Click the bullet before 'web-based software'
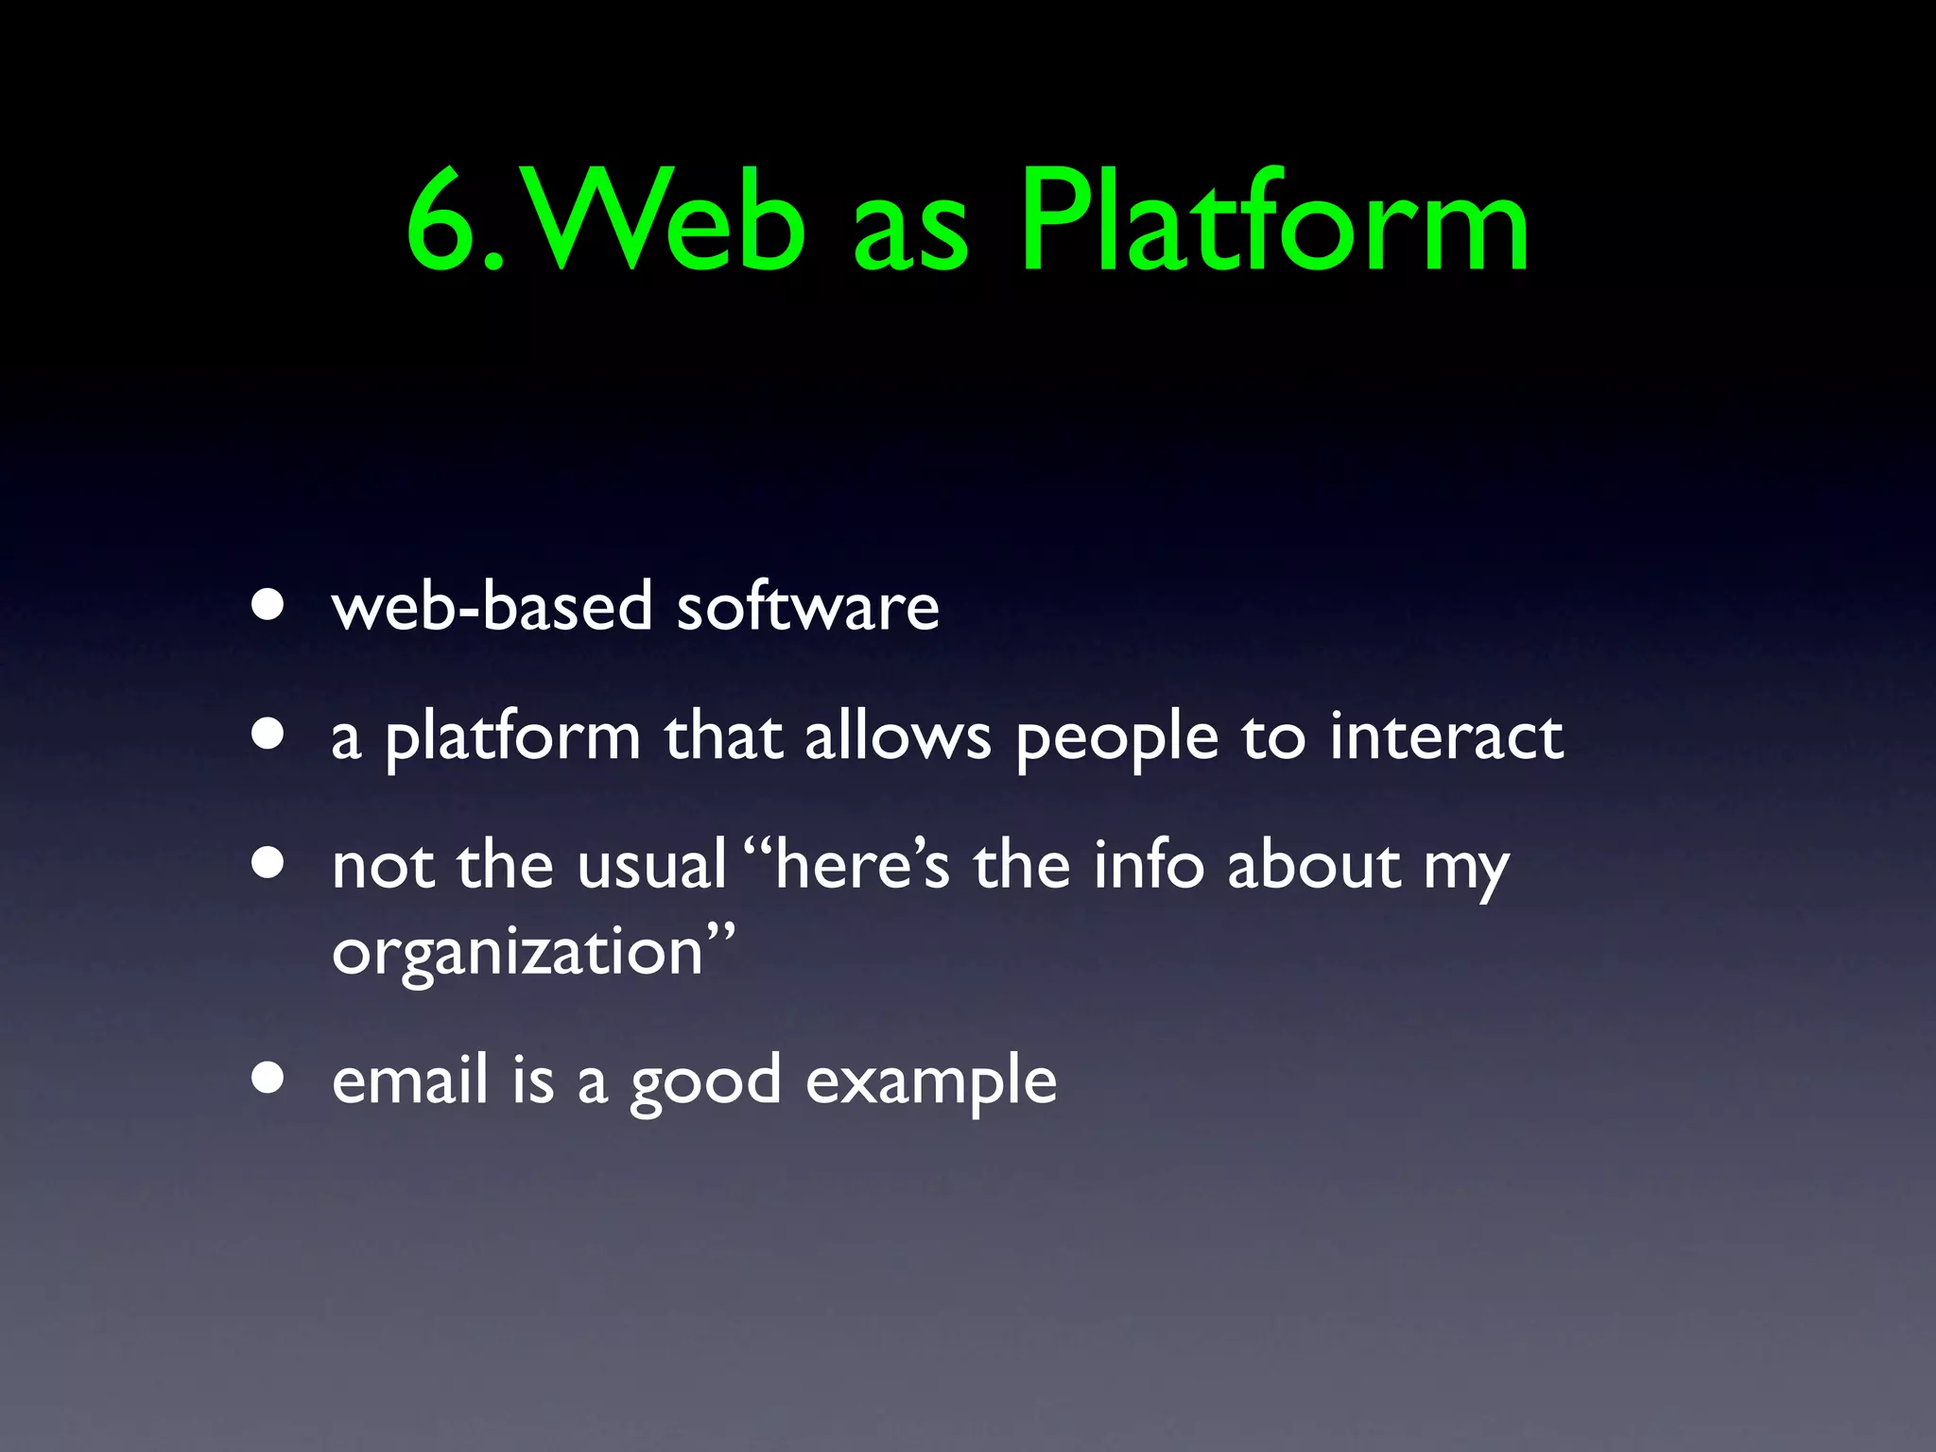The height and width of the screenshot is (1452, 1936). pyautogui.click(x=268, y=605)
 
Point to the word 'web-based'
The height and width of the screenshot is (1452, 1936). pyautogui.click(x=492, y=606)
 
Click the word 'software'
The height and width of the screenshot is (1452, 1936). pyautogui.click(x=808, y=606)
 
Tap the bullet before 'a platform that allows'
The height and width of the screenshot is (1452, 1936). pyautogui.click(x=268, y=735)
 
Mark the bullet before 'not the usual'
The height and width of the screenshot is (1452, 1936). pyautogui.click(x=268, y=863)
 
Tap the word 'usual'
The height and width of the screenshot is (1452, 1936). pyautogui.click(x=651, y=865)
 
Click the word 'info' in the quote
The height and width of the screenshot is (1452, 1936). pyautogui.click(x=1148, y=865)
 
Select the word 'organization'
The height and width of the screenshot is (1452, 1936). pyautogui.click(x=517, y=953)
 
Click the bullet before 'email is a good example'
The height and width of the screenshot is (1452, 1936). pyautogui.click(x=268, y=1078)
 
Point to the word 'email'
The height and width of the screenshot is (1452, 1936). pyautogui.click(x=410, y=1080)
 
